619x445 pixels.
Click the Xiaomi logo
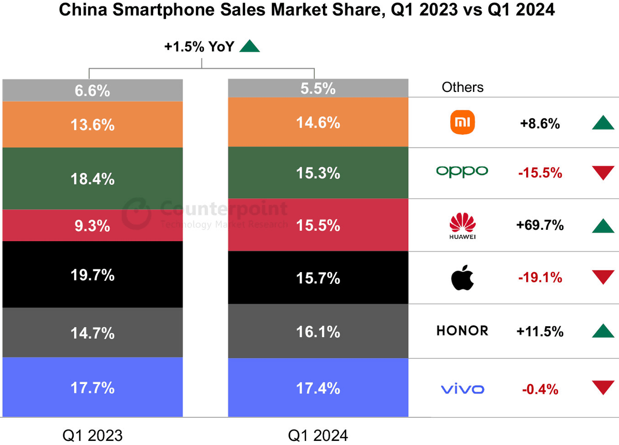[463, 123]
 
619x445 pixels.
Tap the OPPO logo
[462, 171]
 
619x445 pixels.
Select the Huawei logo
[462, 226]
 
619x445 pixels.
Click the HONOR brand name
[462, 331]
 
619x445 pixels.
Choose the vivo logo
[462, 389]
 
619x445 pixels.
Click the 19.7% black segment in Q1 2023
[93, 275]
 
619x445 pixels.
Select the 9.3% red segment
[93, 226]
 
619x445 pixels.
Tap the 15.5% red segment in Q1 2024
[318, 226]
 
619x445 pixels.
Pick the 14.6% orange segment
[318, 122]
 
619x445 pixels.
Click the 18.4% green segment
[93, 179]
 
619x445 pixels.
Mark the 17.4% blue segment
[318, 387]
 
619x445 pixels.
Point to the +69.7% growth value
[540, 226]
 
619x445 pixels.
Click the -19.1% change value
[540, 278]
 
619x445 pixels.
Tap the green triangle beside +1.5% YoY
[250, 46]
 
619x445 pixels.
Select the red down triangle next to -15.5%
[602, 172]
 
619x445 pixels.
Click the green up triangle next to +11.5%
[602, 330]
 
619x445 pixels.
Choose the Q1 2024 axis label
[318, 435]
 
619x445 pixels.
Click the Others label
[463, 87]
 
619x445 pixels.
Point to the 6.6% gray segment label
[93, 91]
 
